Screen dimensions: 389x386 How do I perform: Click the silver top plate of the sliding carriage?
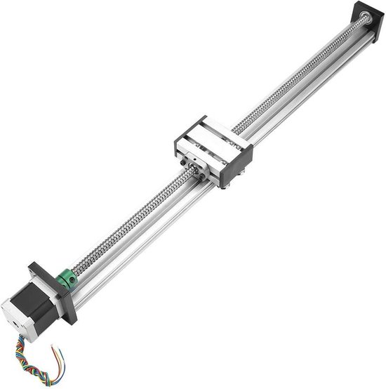tap(204, 140)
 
